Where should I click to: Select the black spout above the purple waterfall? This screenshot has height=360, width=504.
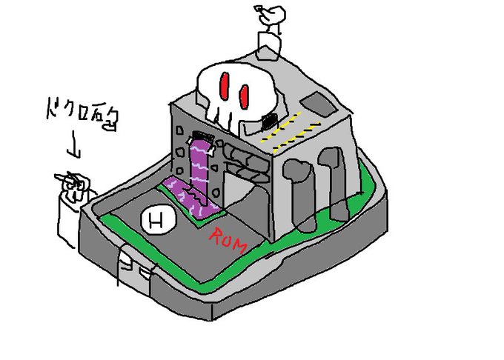click(200, 139)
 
